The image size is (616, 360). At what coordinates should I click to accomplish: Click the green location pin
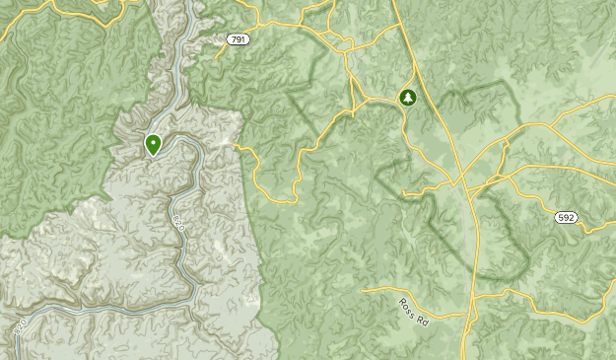(x=154, y=145)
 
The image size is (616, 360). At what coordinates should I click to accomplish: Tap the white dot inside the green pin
(x=154, y=143)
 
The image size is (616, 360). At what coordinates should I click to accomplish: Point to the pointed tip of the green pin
(x=154, y=157)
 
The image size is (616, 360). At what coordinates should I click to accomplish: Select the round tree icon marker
(x=407, y=97)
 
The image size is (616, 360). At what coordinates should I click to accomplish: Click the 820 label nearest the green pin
(x=178, y=221)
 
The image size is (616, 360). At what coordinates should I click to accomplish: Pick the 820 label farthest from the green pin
(x=20, y=325)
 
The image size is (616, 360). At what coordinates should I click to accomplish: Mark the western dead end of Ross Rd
(x=364, y=290)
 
